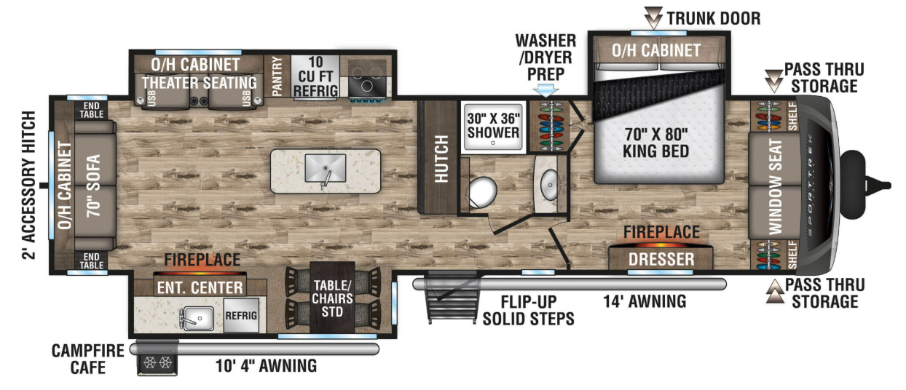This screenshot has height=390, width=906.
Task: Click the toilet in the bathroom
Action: [x=481, y=191]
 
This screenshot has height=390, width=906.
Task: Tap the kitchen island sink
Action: [x=326, y=168]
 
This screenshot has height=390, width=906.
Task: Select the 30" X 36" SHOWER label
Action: [x=494, y=125]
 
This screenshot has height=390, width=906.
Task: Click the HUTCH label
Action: [x=441, y=159]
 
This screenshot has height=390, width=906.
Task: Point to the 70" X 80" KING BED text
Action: [x=656, y=143]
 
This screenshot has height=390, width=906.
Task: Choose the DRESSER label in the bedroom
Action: [x=661, y=259]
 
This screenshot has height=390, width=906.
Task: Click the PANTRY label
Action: [x=277, y=76]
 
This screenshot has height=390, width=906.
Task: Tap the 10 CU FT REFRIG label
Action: [x=315, y=77]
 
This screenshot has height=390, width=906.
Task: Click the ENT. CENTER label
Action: [x=200, y=287]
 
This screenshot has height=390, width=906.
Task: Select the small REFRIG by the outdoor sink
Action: [x=241, y=315]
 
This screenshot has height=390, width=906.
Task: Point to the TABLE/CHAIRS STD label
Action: [x=333, y=298]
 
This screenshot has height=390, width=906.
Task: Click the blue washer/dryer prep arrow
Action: [x=545, y=90]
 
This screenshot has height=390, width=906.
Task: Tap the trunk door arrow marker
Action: [x=653, y=17]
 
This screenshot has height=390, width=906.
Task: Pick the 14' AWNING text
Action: [x=645, y=301]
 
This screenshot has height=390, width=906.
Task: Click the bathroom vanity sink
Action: [x=550, y=185]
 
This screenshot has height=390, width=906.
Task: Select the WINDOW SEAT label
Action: [x=776, y=186]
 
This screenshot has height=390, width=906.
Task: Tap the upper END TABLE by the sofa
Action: [x=92, y=111]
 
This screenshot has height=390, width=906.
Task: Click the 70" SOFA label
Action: [x=93, y=186]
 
